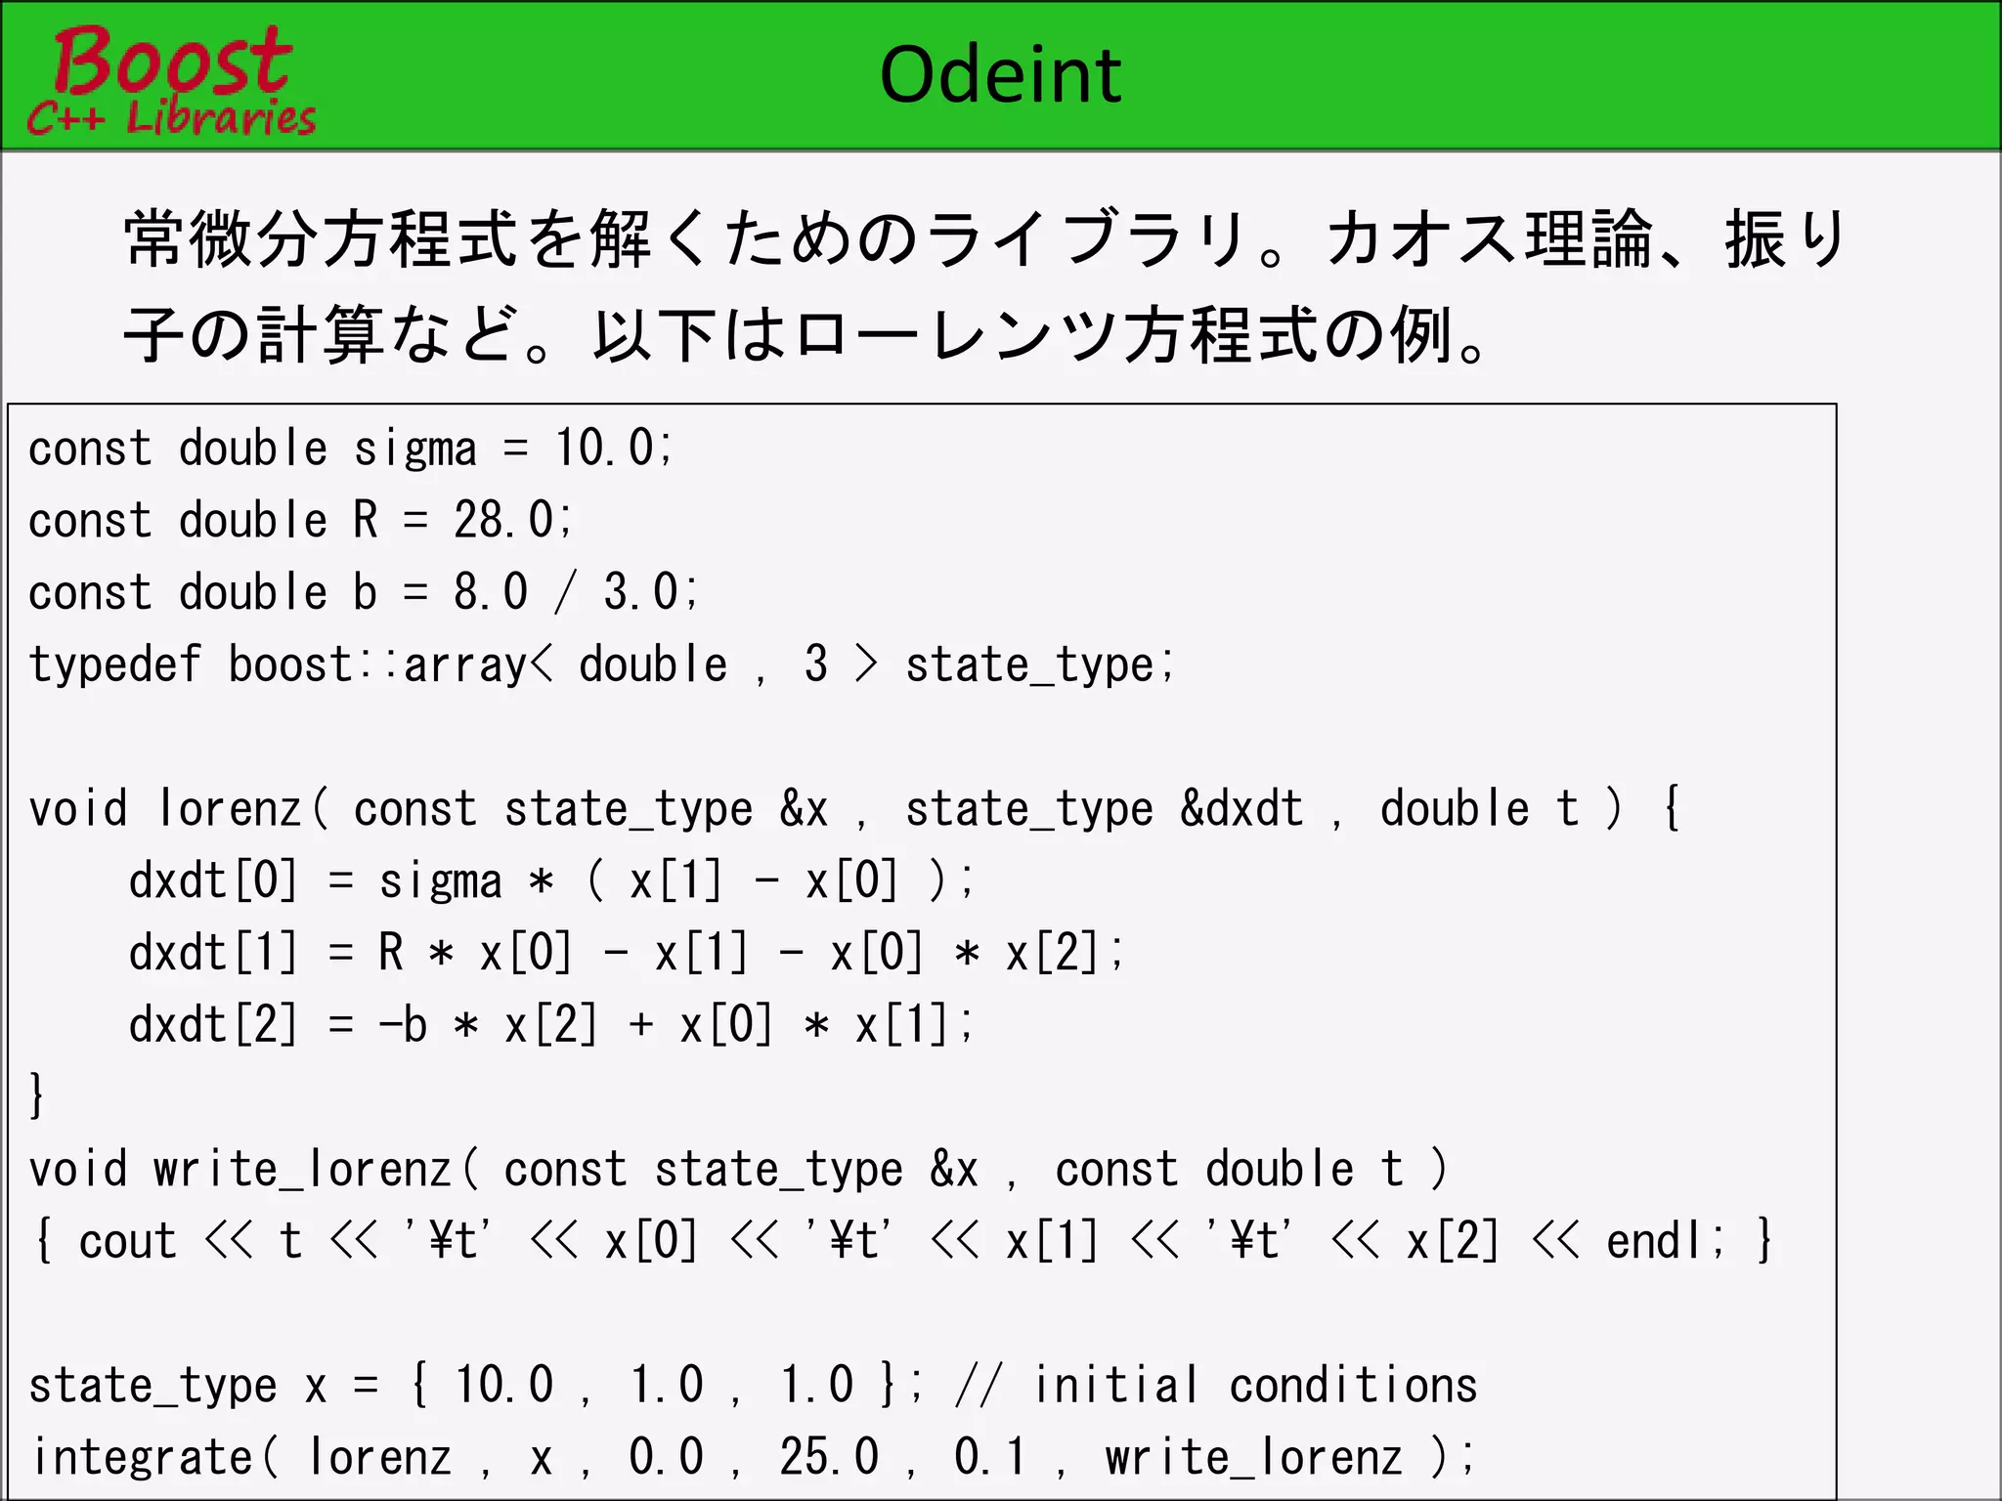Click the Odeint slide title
pyautogui.click(x=1000, y=75)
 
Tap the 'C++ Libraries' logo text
pyautogui.click(x=172, y=118)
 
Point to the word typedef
pyautogui.click(x=114, y=665)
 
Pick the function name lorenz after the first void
pyautogui.click(x=231, y=809)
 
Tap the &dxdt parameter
pyautogui.click(x=1241, y=809)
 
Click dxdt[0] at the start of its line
pyautogui.click(x=213, y=880)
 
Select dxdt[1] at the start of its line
pyautogui.click(x=213, y=953)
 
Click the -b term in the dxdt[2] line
pyautogui.click(x=403, y=1025)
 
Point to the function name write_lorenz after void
pyautogui.click(x=301, y=1170)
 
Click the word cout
pyautogui.click(x=127, y=1242)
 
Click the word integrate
pyautogui.click(x=144, y=1458)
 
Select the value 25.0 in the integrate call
pyautogui.click(x=829, y=1458)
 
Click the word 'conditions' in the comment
pyautogui.click(x=1353, y=1386)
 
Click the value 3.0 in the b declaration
pyautogui.click(x=641, y=592)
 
